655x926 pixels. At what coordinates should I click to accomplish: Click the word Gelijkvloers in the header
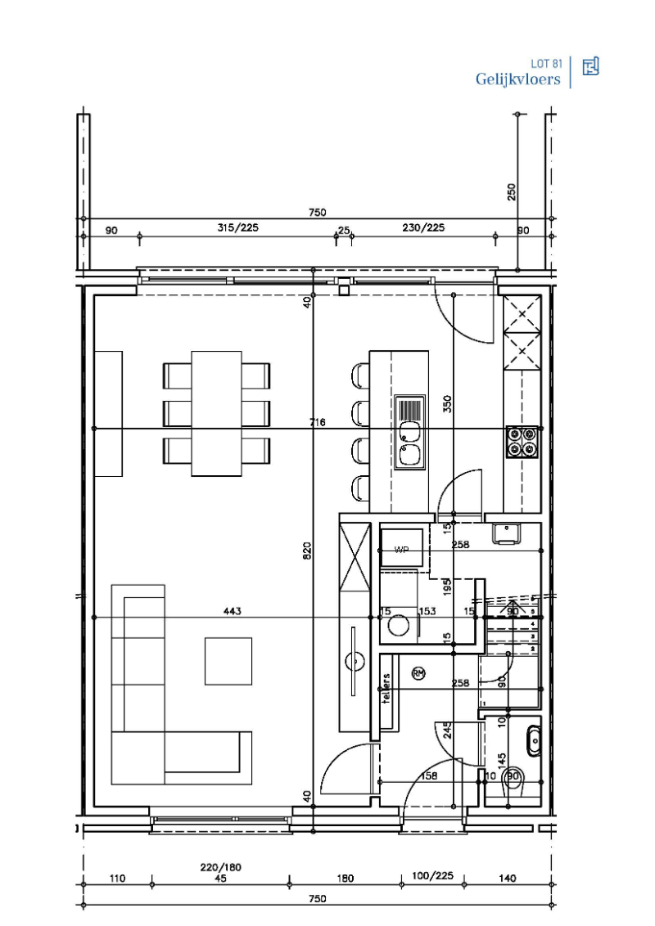pos(517,79)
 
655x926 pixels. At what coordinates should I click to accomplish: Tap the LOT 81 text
pos(546,63)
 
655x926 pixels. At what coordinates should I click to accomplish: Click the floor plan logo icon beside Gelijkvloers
pos(590,67)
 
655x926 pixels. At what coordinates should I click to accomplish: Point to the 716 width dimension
pos(318,422)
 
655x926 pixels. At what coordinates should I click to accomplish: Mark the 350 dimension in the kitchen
pos(448,402)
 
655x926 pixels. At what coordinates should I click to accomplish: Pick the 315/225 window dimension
pos(237,228)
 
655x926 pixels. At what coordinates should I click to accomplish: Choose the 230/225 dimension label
pos(424,228)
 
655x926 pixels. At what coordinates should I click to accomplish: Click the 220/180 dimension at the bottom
pos(221,867)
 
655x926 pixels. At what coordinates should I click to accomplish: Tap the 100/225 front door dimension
pos(431,875)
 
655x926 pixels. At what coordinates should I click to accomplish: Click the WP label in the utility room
pos(401,550)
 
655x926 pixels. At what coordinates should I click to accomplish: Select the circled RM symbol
pos(418,673)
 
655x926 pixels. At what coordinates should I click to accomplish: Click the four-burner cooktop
pos(522,440)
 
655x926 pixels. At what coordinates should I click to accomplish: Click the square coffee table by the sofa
pos(228,661)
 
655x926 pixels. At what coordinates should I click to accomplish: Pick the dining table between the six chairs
pos(217,413)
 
